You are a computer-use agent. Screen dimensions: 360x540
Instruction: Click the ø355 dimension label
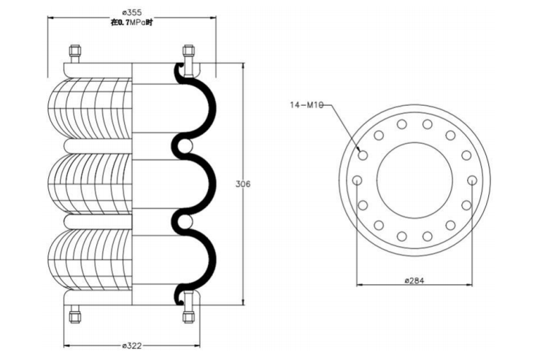coord(132,12)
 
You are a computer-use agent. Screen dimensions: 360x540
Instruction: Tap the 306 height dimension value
coord(242,183)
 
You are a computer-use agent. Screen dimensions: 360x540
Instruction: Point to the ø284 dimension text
coord(414,280)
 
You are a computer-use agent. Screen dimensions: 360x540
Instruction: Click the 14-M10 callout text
coord(306,105)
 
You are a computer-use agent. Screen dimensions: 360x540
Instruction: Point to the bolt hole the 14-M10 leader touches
coord(363,155)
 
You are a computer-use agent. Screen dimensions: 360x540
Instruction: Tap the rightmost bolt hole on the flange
coord(472,180)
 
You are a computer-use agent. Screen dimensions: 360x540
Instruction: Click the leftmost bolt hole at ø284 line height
coord(357,180)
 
